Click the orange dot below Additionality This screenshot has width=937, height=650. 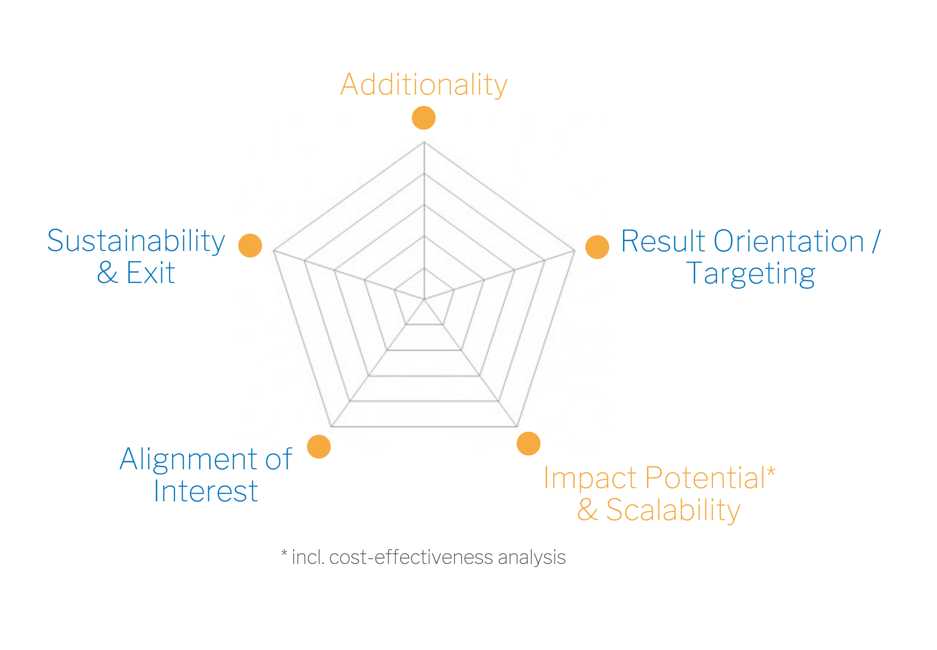pyautogui.click(x=423, y=118)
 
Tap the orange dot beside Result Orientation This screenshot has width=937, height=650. pyautogui.click(x=597, y=247)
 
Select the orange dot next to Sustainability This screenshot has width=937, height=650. pyautogui.click(x=250, y=245)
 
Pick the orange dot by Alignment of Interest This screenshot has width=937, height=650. pyautogui.click(x=319, y=447)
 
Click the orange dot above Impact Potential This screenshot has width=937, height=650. pyautogui.click(x=528, y=444)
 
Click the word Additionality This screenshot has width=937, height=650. pyautogui.click(x=424, y=85)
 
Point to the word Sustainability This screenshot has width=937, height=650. pyautogui.click(x=136, y=241)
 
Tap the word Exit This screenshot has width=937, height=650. pyautogui.click(x=151, y=273)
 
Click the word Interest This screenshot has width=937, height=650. pyautogui.click(x=206, y=492)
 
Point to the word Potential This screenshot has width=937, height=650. pyautogui.click(x=705, y=478)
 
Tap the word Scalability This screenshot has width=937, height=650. pyautogui.click(x=673, y=511)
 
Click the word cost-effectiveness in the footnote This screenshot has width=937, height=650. pyautogui.click(x=411, y=557)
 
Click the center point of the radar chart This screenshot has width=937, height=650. pyautogui.click(x=424, y=299)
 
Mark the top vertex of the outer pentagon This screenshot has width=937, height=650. pyautogui.click(x=424, y=142)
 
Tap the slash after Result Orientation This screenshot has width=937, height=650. pyautogui.click(x=876, y=241)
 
